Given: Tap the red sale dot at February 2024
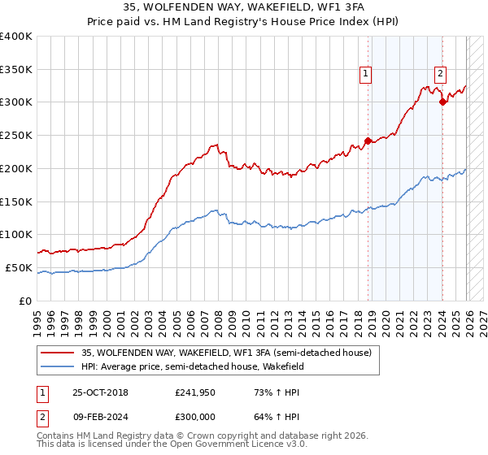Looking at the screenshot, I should pyautogui.click(x=442, y=102).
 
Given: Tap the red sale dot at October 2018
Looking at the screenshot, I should pyautogui.click(x=368, y=141).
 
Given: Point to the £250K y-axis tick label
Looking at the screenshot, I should pyautogui.click(x=16, y=136).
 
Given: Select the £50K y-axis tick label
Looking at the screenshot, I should pyautogui.click(x=19, y=267).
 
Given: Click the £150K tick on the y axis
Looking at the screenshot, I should pyautogui.click(x=16, y=201).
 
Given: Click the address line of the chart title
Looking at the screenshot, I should pyautogui.click(x=244, y=9).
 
